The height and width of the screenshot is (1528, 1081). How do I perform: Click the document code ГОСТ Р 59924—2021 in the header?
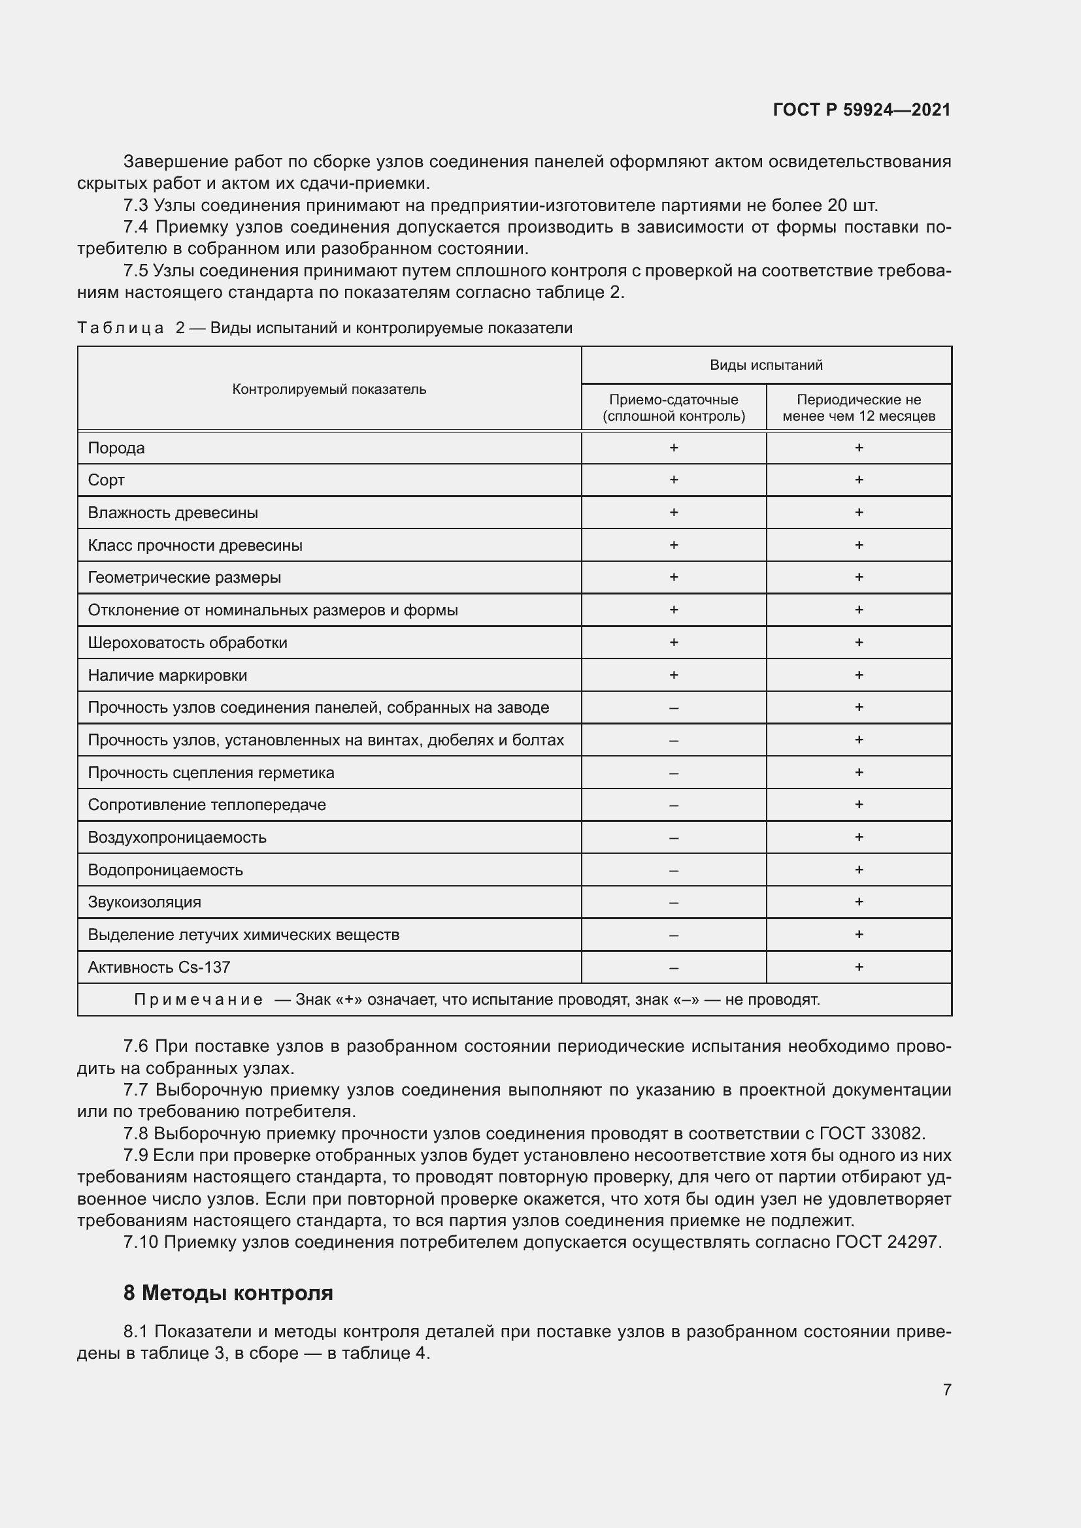point(861,110)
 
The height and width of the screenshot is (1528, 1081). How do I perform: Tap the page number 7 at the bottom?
point(946,1389)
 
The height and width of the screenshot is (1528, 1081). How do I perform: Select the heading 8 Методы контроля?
point(227,1292)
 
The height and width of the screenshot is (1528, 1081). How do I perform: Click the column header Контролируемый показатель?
point(329,389)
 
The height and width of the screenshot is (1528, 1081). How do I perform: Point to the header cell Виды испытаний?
point(765,365)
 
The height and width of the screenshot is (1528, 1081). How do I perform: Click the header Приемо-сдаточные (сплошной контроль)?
point(674,407)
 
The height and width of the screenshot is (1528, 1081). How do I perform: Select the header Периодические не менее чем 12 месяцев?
point(858,407)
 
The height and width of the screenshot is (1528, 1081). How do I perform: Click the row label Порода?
point(116,448)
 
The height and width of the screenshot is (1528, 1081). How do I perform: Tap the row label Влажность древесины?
point(173,512)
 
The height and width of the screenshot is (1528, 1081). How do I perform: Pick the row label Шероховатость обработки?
point(187,642)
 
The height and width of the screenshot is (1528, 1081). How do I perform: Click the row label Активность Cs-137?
point(158,967)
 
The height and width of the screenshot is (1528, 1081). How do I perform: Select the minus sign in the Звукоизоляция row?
point(674,902)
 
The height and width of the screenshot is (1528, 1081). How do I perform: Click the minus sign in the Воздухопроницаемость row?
point(674,837)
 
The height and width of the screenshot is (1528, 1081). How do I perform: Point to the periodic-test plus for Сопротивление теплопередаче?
point(859,805)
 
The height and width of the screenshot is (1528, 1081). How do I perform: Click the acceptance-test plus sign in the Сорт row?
point(674,480)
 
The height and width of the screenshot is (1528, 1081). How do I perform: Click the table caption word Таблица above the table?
point(120,328)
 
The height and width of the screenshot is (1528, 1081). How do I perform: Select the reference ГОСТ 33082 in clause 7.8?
point(871,1133)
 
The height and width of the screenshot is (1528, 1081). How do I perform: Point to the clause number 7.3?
point(136,205)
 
